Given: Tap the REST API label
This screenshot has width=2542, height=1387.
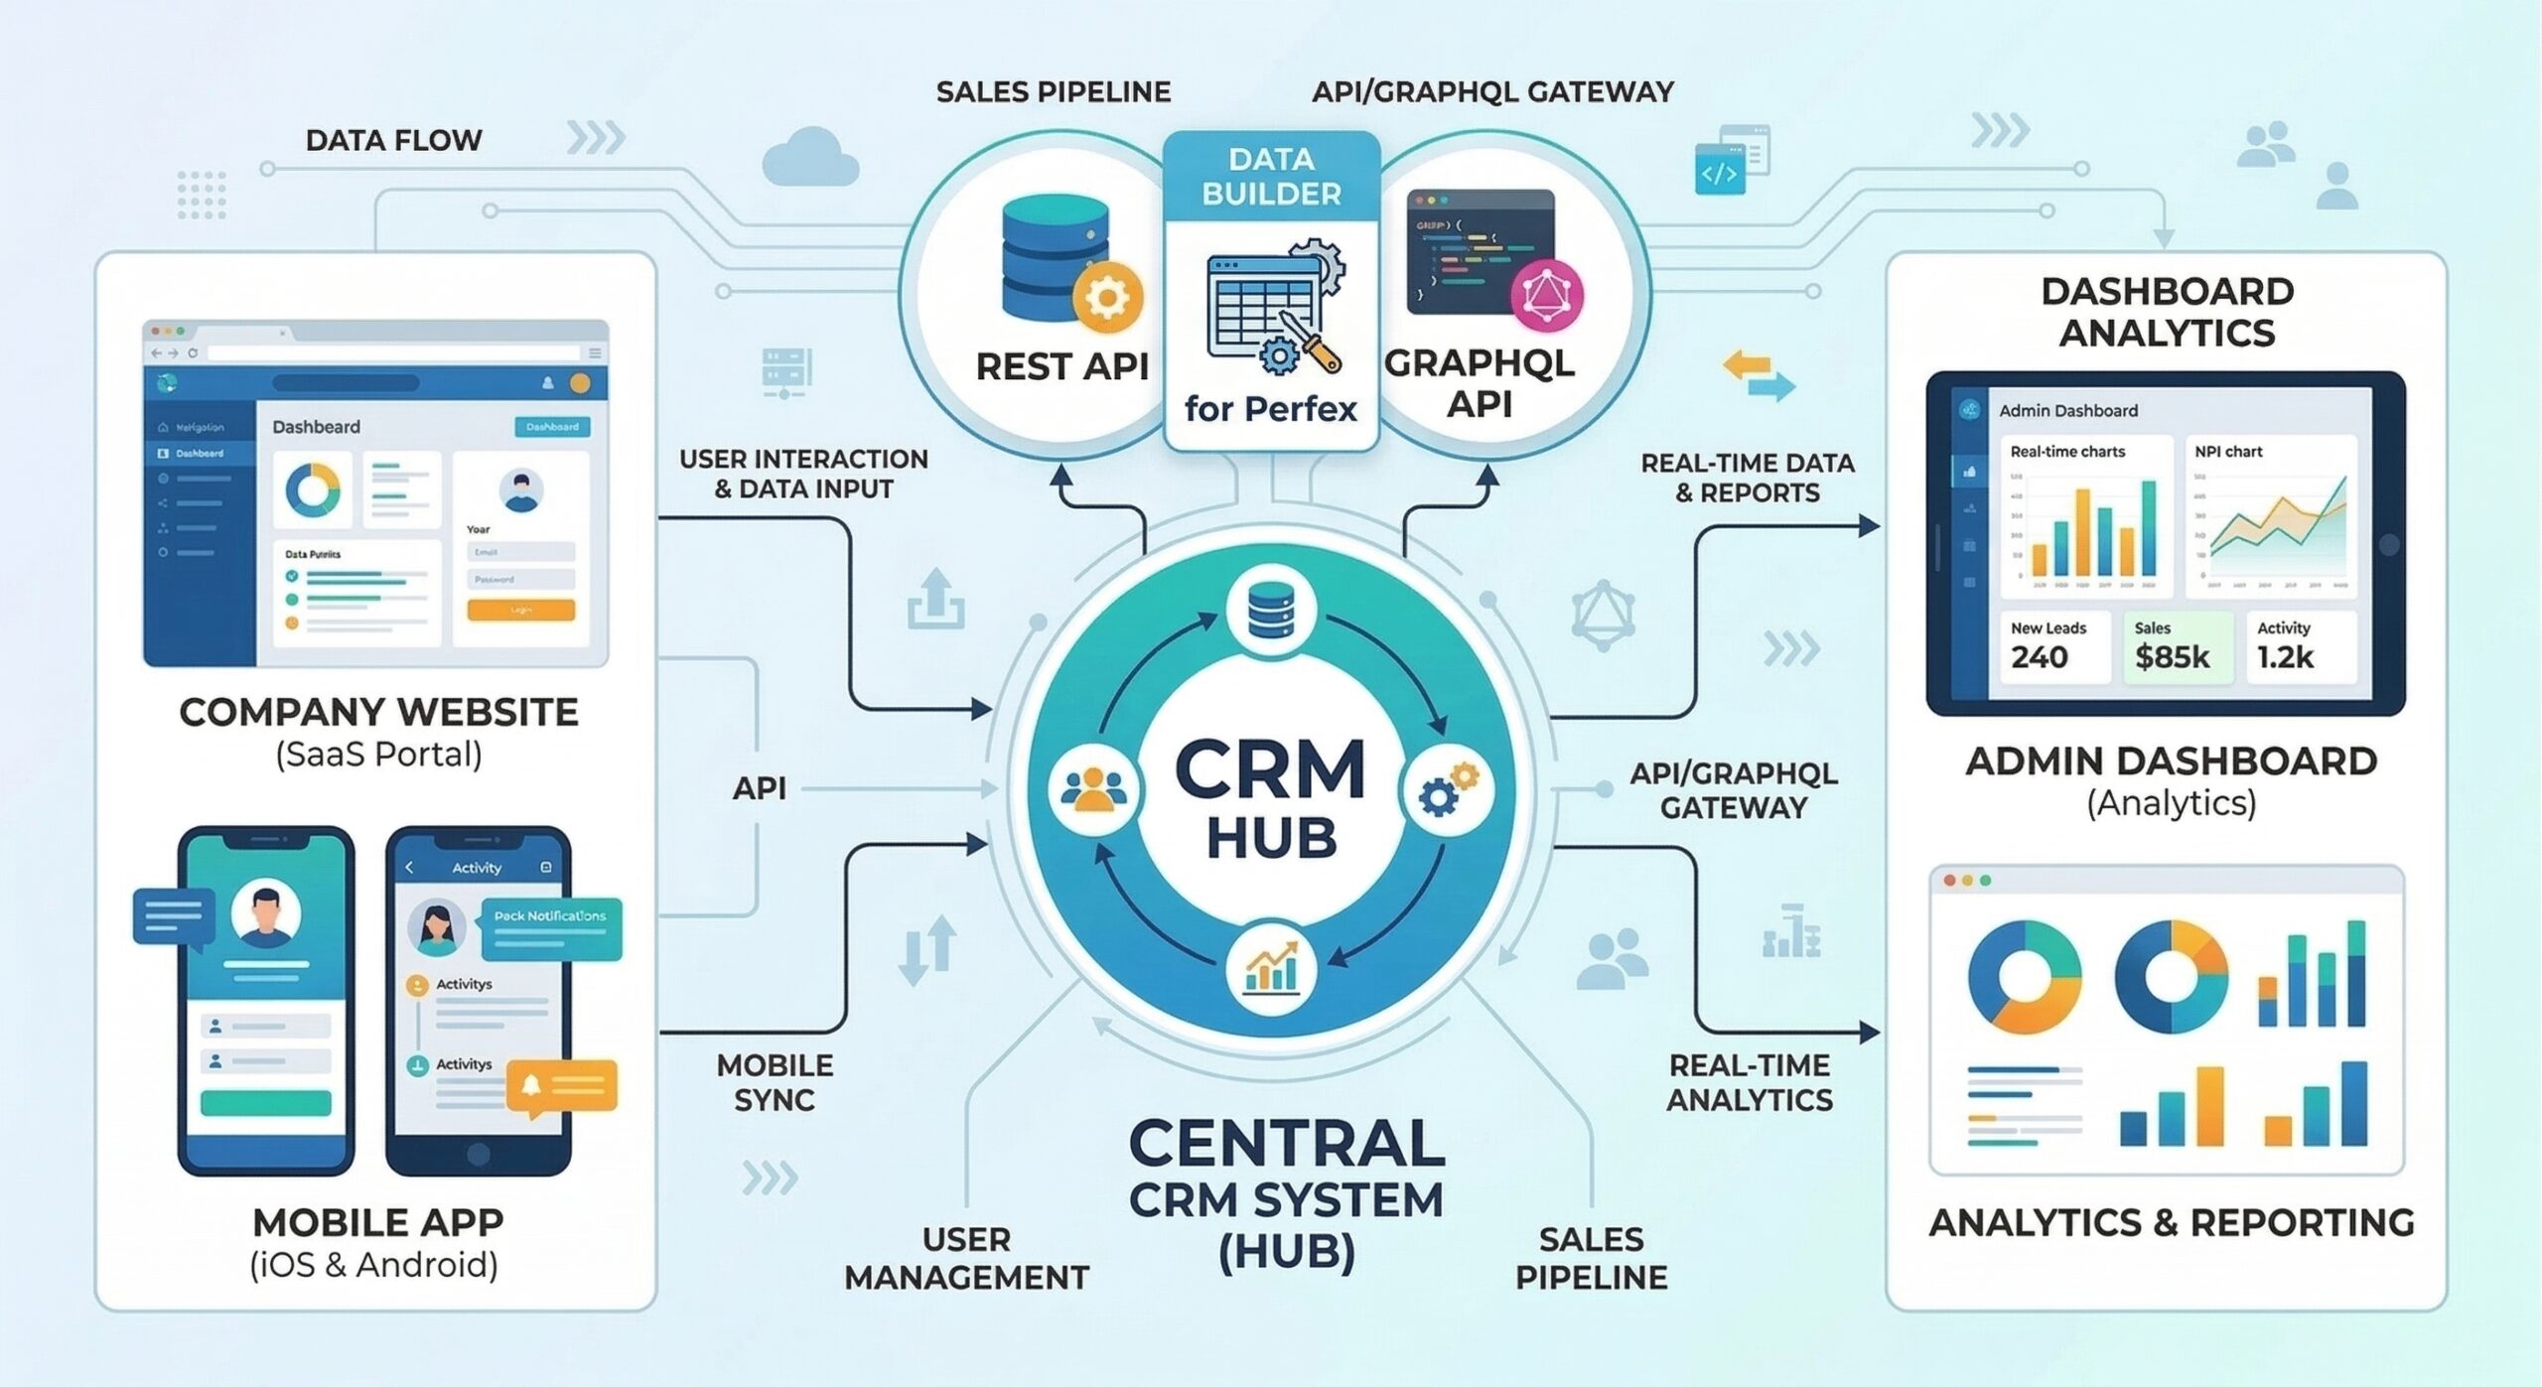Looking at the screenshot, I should (x=1061, y=366).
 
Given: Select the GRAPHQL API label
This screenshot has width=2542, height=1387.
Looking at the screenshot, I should (x=1479, y=383).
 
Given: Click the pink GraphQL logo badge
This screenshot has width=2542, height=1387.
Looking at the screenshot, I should (x=1546, y=296).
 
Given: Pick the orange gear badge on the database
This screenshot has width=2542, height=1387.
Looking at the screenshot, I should (x=1107, y=297).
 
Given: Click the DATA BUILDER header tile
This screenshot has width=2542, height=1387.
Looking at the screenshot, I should (x=1271, y=177).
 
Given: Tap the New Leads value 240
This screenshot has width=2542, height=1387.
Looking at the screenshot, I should (x=2039, y=657).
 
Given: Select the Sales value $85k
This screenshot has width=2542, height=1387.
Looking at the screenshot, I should (x=2172, y=657).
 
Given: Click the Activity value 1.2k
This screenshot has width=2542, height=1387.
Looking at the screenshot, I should (x=2285, y=657).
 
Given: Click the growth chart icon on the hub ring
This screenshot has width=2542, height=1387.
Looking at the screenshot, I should (x=1271, y=968).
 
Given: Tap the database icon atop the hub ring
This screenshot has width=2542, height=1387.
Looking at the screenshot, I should (x=1271, y=610).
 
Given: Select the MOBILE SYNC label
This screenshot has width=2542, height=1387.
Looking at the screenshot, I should (x=775, y=1082).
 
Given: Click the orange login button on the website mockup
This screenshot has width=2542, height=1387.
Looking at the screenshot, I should (x=520, y=610).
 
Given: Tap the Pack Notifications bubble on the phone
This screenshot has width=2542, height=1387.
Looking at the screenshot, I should (x=551, y=925).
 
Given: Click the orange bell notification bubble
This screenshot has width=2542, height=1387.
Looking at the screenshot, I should (x=561, y=1086).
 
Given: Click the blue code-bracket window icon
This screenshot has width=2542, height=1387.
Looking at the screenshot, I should (x=1720, y=171).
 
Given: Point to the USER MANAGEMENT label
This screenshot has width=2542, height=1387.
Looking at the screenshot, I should (x=965, y=1258).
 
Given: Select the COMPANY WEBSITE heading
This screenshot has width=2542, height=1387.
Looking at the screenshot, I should (x=378, y=712).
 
